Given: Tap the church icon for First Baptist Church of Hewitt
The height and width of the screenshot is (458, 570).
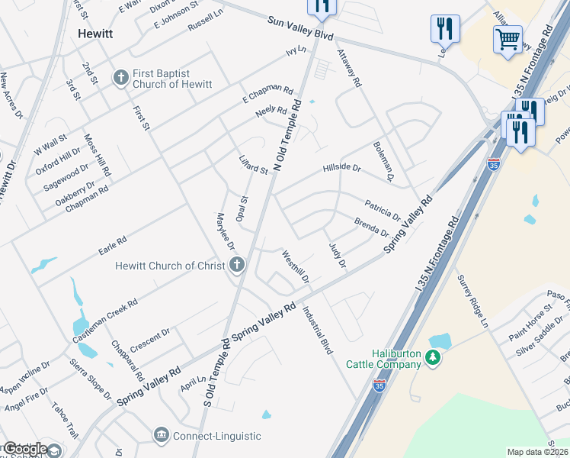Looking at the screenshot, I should tap(120, 77).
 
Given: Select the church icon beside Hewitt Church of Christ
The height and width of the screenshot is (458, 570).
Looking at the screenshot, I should tap(237, 266).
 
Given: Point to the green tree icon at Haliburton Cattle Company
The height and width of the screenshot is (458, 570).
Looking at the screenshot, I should tap(433, 357).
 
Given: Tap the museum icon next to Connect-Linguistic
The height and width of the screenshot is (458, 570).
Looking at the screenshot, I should tap(161, 436).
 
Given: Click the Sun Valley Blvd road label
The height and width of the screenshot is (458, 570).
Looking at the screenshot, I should tap(300, 30).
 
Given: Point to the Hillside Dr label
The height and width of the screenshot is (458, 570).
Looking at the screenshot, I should tap(341, 167).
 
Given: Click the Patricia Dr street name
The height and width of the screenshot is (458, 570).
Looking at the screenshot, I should tap(382, 208).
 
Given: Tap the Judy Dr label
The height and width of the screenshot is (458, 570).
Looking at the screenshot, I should tap(337, 254).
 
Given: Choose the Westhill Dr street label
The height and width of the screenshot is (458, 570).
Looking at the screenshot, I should tap(295, 266).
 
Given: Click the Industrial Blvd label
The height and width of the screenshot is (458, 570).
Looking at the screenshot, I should tap(318, 331).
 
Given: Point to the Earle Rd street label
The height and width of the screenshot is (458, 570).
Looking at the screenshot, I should tap(111, 246).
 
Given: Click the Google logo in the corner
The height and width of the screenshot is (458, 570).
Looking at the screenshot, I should tap(24, 449).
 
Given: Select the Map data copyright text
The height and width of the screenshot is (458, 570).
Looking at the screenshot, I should tap(538, 452).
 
